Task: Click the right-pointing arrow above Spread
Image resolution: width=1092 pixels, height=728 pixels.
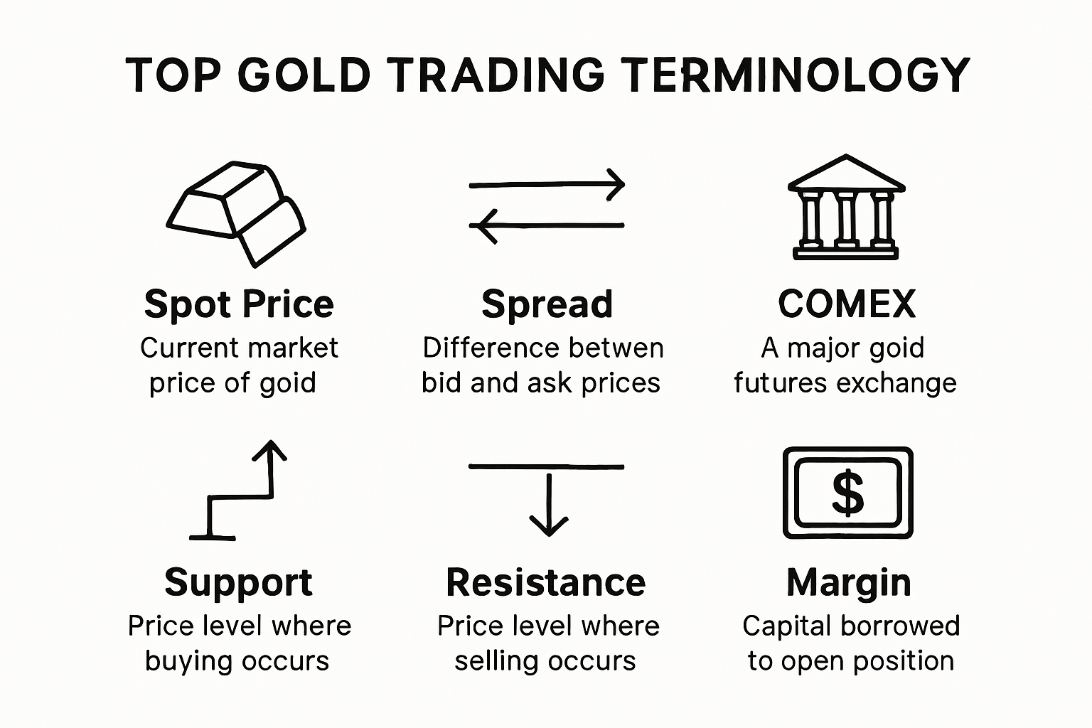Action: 546,184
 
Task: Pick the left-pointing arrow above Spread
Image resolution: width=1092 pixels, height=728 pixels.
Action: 546,225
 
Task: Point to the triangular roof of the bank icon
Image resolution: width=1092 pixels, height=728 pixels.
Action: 846,173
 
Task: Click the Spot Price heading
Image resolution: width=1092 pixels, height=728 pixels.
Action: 239,304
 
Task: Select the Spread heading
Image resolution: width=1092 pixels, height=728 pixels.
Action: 547,304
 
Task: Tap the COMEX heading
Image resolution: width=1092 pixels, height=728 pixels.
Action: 846,304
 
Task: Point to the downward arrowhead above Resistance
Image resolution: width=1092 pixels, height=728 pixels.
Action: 549,525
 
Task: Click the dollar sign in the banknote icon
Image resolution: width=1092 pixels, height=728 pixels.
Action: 847,493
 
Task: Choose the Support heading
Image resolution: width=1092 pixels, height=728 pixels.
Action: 238,582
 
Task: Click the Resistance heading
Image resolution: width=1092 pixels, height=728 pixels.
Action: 545,582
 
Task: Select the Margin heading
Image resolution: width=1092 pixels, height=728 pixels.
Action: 849,582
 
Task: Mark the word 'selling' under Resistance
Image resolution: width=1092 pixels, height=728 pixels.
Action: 496,661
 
